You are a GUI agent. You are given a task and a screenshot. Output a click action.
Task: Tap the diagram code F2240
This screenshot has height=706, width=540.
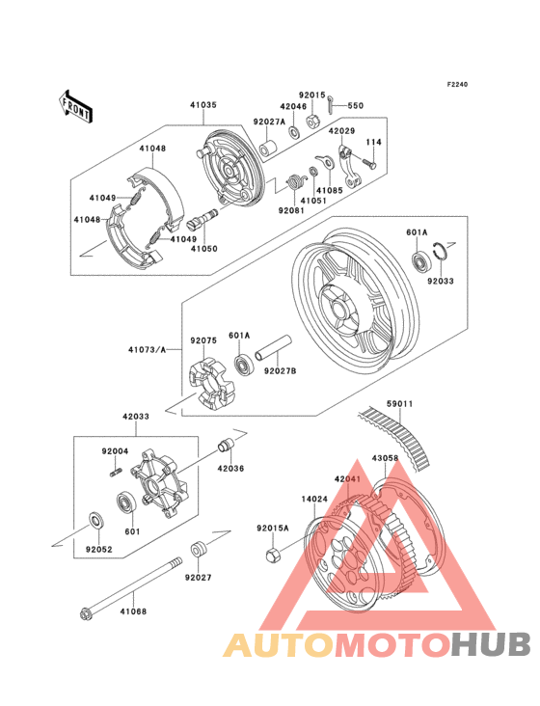pos(456,85)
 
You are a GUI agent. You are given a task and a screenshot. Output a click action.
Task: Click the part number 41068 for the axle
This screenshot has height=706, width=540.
pos(133,610)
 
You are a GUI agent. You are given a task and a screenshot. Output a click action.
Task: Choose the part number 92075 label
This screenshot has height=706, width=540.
pos(202,340)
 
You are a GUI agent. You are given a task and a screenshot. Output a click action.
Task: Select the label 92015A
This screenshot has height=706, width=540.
pos(273,528)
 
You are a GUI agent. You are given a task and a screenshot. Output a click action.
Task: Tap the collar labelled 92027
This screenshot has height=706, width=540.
pos(199,549)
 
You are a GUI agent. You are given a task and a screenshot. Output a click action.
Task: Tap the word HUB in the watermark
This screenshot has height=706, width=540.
pos(492,644)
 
